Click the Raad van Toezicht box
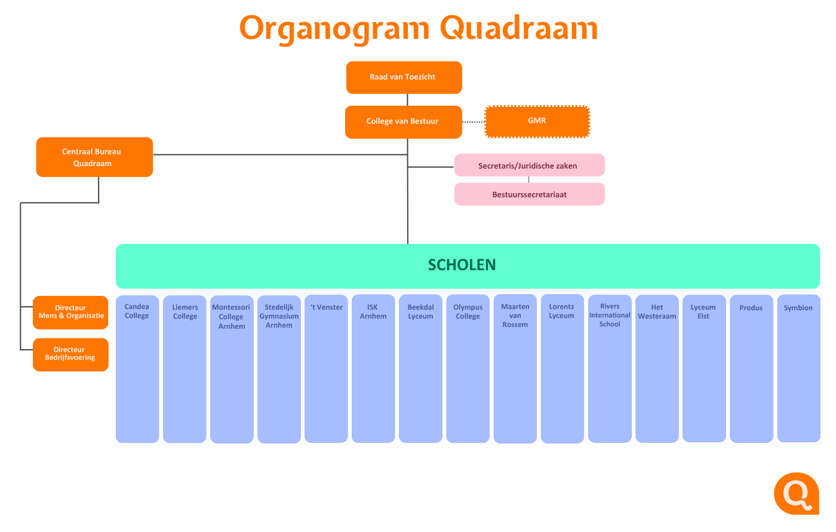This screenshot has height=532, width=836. point(404,77)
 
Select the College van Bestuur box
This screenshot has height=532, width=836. point(404,122)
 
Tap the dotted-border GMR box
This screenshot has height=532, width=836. point(537,121)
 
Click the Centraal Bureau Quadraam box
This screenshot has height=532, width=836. point(94,157)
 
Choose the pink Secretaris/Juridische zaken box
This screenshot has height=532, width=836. point(529,165)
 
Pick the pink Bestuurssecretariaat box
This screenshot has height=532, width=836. point(529,194)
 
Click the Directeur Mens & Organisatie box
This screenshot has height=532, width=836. point(70,312)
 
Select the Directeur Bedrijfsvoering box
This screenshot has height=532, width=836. point(70,354)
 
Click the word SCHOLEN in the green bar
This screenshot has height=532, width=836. point(462,265)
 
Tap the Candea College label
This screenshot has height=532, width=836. point(137,311)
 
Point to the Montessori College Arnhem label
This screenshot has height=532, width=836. point(232,316)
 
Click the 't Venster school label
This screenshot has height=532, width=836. point(326,307)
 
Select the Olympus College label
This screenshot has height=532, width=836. point(468,311)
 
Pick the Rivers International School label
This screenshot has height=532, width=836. point(610,315)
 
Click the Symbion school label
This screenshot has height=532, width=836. point(798,308)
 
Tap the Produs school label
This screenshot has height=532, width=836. point(751,308)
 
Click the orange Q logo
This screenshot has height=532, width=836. point(797,494)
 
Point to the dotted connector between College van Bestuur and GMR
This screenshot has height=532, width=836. point(473,122)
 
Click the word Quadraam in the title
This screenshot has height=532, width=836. point(519,28)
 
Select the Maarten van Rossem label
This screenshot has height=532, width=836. point(515,316)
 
